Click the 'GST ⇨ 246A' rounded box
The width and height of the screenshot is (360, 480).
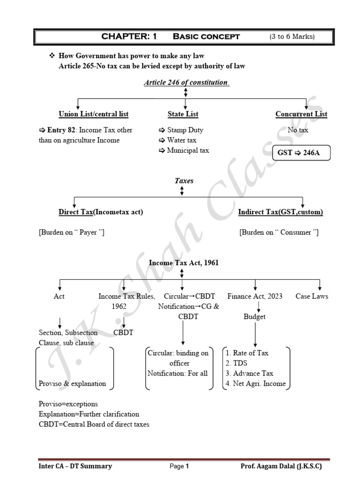click(x=301, y=153)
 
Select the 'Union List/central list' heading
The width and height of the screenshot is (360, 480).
click(x=93, y=114)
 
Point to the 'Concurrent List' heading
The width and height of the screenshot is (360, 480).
click(x=301, y=114)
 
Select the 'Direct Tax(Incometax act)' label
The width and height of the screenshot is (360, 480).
click(x=101, y=212)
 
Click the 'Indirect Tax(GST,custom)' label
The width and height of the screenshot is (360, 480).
click(x=280, y=212)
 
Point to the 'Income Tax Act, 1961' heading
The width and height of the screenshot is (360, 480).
click(x=184, y=263)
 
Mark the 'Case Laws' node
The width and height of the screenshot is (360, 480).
click(x=312, y=296)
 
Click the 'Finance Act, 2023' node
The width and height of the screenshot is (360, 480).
click(x=255, y=296)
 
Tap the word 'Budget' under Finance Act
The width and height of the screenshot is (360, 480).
click(x=255, y=316)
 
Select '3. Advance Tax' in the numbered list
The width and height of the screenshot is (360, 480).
click(x=249, y=373)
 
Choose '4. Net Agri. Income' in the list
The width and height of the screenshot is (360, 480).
click(x=255, y=383)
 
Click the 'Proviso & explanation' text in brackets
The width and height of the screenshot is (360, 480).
click(x=72, y=383)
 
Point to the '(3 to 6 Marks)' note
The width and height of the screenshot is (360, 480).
click(x=292, y=37)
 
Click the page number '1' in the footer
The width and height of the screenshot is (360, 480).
click(x=187, y=466)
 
